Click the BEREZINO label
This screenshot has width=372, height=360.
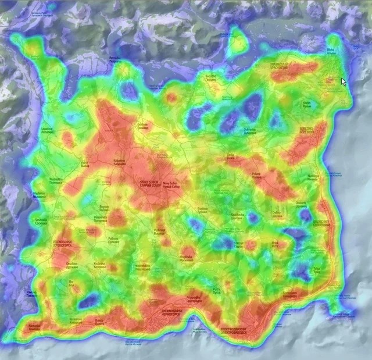point(306,133)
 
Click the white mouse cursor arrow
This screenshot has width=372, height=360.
point(344,81)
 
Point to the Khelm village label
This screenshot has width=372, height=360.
point(307,105)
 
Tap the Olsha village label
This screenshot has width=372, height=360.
point(331,51)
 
